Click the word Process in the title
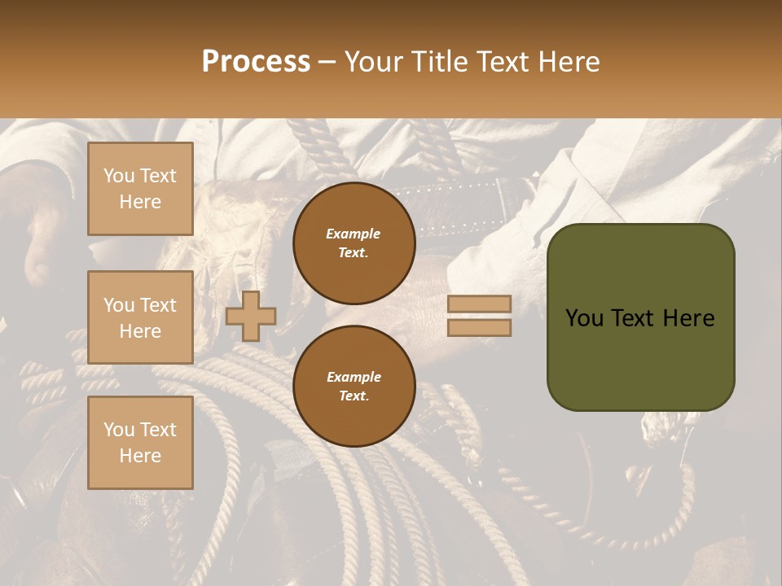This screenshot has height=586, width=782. pos(256,61)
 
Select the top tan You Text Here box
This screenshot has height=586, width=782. pos(140,189)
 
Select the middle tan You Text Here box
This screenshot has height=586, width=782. pos(140,317)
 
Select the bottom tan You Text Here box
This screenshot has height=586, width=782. pos(140,443)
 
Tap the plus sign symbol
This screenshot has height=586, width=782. pos(251,317)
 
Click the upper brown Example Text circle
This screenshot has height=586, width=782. pos(354,243)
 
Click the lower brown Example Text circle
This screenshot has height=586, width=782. pos(354,387)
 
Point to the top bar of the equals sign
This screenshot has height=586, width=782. pos(480,304)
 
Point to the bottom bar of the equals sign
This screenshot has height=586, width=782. pos(480,328)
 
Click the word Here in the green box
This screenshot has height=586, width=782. pos(688,318)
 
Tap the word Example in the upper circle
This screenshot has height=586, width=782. pos(354,234)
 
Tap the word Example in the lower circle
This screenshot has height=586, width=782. pos(354,377)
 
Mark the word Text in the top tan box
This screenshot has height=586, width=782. pos(158,176)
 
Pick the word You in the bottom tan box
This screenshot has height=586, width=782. pos(119,430)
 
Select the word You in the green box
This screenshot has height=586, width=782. pos(585,318)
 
